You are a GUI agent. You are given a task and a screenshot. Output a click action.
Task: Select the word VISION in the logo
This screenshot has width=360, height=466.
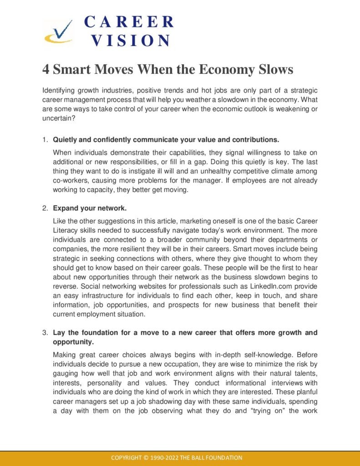pos(131,41)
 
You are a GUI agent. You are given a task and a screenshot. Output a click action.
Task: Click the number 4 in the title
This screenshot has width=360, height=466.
pos(46,70)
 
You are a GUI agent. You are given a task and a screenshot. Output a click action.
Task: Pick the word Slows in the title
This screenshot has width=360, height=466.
pos(274,70)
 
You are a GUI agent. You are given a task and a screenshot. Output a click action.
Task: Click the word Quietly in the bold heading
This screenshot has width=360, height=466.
pos(66,139)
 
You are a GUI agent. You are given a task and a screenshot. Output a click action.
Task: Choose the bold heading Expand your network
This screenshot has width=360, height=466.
pos(90,208)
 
